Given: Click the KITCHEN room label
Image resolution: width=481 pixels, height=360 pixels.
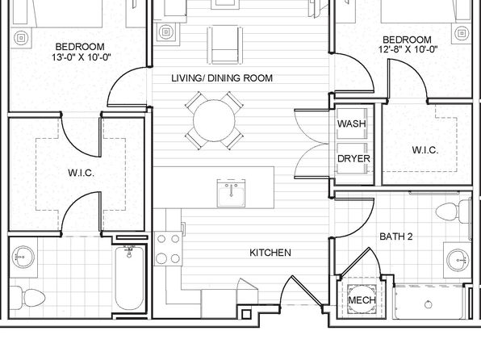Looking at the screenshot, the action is (x=270, y=253).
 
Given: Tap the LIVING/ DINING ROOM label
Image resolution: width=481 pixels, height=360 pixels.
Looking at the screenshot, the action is (x=222, y=78).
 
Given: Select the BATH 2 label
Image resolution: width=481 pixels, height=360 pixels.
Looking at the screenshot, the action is (x=396, y=237).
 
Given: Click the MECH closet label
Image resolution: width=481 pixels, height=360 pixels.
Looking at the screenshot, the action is (x=362, y=299).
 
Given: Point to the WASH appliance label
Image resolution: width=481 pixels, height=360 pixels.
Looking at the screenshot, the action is (x=352, y=123).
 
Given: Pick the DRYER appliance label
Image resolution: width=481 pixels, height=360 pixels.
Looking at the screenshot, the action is (x=353, y=159).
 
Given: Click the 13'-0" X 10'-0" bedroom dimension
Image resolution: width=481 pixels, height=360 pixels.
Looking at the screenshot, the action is (x=82, y=57).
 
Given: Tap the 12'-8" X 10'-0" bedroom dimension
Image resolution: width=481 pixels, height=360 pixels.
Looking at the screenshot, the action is (x=408, y=49).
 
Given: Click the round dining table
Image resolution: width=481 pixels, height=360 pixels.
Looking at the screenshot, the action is (x=214, y=120).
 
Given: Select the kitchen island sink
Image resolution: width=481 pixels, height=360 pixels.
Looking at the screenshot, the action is (x=231, y=194).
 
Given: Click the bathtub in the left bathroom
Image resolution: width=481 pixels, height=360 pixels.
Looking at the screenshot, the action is (x=129, y=278).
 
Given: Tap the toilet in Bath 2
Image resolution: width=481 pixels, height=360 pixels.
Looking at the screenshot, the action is (x=453, y=211).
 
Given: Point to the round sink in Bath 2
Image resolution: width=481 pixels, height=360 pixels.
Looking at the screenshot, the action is (x=458, y=260).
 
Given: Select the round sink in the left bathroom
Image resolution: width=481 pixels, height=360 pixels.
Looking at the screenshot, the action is (x=23, y=257).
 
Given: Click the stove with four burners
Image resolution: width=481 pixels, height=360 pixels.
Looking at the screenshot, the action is (x=168, y=249).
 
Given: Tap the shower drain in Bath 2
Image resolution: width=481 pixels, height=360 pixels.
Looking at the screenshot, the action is (x=429, y=304).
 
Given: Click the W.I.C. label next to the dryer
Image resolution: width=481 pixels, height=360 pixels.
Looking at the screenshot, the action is (x=425, y=150).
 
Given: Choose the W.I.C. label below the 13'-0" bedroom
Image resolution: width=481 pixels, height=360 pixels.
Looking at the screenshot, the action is (x=81, y=173).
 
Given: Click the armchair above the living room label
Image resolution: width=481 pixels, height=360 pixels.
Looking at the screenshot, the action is (x=225, y=45).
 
